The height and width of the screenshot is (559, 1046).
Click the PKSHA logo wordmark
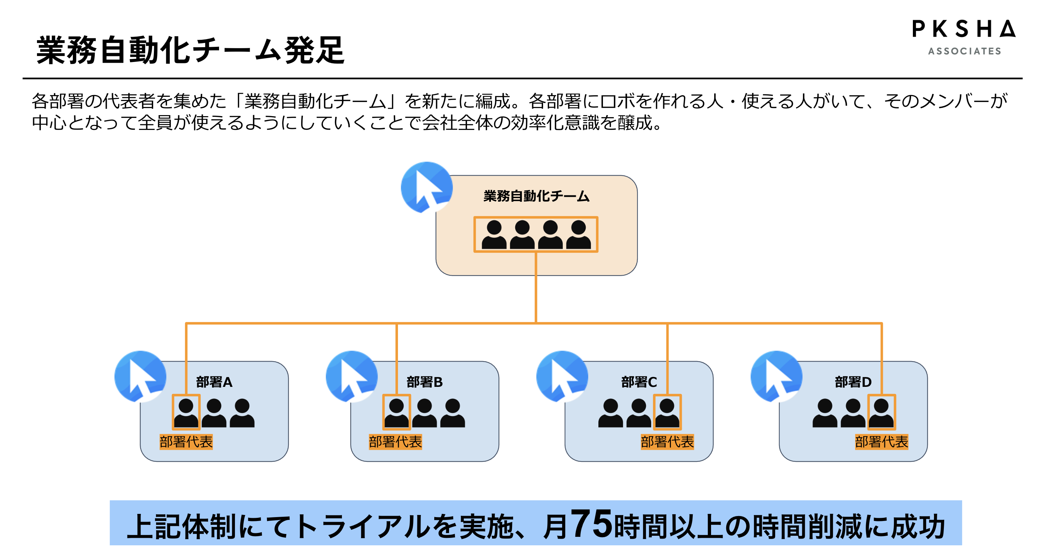coord(964,29)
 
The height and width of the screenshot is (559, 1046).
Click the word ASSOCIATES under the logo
coord(964,51)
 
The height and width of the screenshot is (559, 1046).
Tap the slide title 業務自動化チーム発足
coord(191,50)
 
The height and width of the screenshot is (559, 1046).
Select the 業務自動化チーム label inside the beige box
coord(536,196)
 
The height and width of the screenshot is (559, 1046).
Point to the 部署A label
coord(214,382)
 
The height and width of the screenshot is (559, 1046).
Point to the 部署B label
coord(424,382)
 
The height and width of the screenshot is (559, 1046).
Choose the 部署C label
coord(639,382)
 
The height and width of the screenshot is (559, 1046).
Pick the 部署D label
coord(853,382)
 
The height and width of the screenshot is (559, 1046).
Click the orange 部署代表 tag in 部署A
coord(186,442)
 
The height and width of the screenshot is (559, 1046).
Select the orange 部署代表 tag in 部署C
coord(667,442)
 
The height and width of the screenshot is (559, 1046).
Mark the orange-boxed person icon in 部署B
coord(396,413)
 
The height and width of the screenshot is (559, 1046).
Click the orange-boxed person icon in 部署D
coord(881,413)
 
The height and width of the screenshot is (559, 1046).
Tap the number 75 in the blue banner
coord(591,524)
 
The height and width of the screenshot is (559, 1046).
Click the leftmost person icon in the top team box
coord(494,235)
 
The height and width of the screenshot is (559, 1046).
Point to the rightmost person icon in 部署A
coord(242,413)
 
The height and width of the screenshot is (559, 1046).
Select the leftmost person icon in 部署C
coord(610,413)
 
